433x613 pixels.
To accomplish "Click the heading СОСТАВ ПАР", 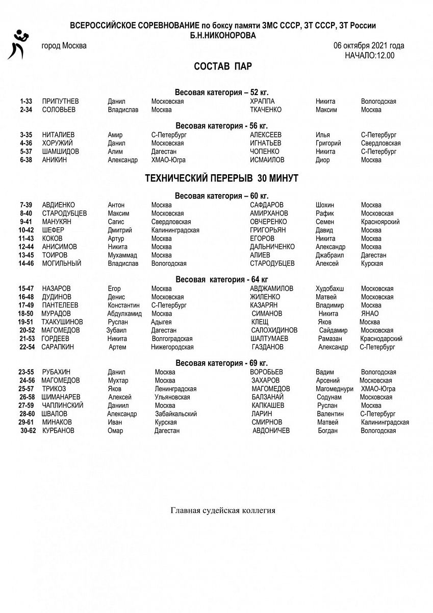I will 223,66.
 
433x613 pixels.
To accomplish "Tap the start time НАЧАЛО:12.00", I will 369,55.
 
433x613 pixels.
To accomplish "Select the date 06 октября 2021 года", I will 369,45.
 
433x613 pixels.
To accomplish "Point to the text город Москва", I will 64,45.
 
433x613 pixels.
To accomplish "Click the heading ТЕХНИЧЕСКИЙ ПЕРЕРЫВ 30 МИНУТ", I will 222,178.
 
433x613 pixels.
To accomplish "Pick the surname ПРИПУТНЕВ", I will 61,102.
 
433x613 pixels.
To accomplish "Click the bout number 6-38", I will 26,160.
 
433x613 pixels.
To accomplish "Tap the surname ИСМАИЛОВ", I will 267,160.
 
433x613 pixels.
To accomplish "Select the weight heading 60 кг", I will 221,196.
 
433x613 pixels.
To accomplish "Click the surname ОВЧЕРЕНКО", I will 268,222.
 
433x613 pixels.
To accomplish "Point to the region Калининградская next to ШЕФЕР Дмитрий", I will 175,230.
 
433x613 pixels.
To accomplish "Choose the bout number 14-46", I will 26,264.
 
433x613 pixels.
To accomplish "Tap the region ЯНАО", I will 370,314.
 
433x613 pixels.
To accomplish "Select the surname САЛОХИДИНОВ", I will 274,331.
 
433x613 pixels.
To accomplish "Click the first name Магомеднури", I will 335,389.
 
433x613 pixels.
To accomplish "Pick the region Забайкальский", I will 176,414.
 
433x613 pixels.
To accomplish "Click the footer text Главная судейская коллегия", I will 223,510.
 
